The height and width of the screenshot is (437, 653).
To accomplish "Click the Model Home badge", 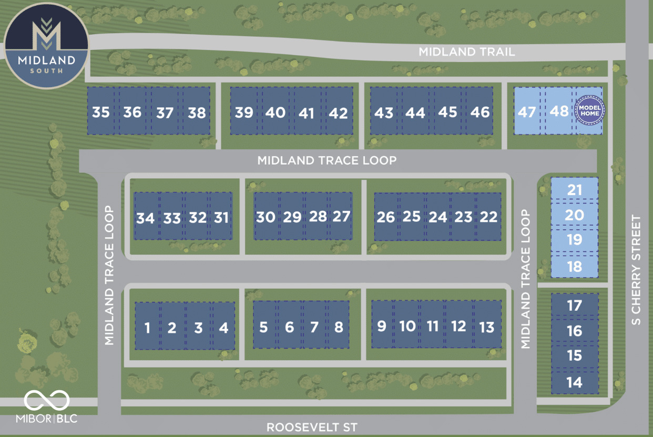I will coord(590,109).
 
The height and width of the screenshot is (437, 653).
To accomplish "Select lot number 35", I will coord(101,112).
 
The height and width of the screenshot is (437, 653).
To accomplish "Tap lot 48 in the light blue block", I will coord(559,111).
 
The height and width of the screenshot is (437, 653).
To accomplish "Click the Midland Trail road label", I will coord(466,52).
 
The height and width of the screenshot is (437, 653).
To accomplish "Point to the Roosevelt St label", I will coord(312,427).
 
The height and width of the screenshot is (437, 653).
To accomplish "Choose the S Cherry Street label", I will coord(636,269).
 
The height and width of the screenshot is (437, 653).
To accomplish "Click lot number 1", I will coord(147,328).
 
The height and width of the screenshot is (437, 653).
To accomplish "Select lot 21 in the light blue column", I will coord(575,189).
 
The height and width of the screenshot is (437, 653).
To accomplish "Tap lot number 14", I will coord(575,382).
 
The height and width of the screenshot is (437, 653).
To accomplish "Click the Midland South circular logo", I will coord(46,46).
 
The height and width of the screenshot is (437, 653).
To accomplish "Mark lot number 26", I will coord(386,217).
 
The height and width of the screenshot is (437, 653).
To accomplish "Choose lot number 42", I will coord(338,112).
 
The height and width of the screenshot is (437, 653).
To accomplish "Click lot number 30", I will coord(266,217).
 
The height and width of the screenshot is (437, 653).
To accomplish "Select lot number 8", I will coord(339,327).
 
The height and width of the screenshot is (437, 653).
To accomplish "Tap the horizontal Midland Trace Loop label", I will coord(326,160).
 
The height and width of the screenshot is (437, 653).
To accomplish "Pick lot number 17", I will coord(575,305).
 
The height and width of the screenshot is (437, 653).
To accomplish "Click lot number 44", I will coord(415,112).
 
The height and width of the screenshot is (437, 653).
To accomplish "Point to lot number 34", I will coord(146,218).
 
